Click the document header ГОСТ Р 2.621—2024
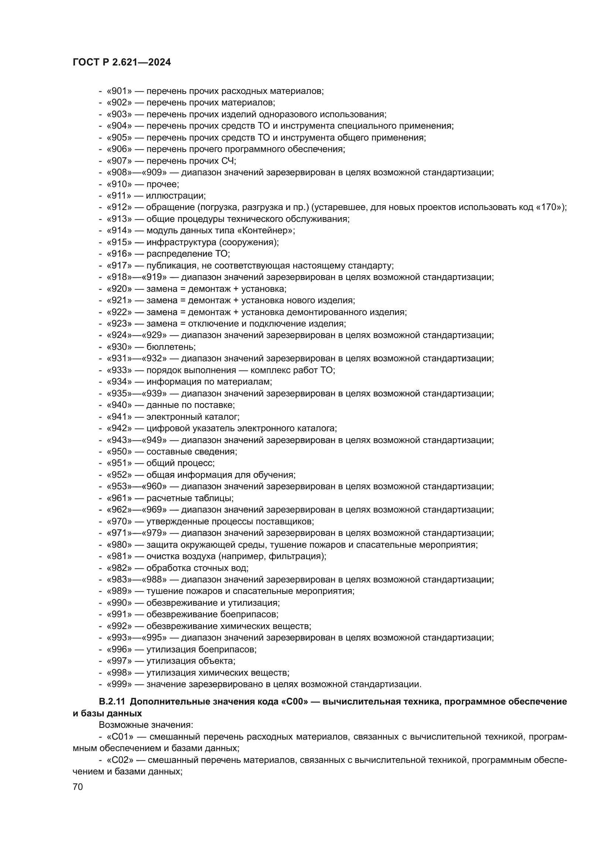[122, 62]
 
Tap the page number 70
[78, 787]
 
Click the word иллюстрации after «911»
[176, 196]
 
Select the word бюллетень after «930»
[171, 347]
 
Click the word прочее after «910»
[162, 184]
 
